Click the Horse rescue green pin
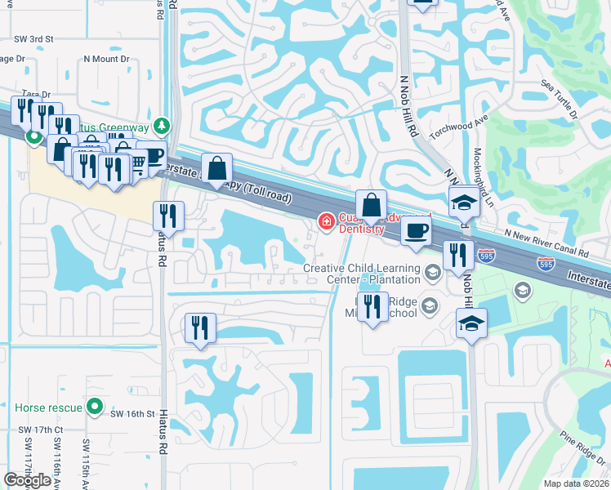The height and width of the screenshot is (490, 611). [x=96, y=405]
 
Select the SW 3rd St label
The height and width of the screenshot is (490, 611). [x=33, y=38]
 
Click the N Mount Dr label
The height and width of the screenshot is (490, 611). [x=106, y=59]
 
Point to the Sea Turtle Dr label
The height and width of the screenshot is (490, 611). [x=560, y=98]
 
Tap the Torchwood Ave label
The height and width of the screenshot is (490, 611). [x=458, y=127]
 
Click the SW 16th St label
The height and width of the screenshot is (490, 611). [x=132, y=414]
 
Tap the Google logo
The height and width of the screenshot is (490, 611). [x=27, y=480]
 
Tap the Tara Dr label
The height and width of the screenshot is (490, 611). [x=36, y=95]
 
